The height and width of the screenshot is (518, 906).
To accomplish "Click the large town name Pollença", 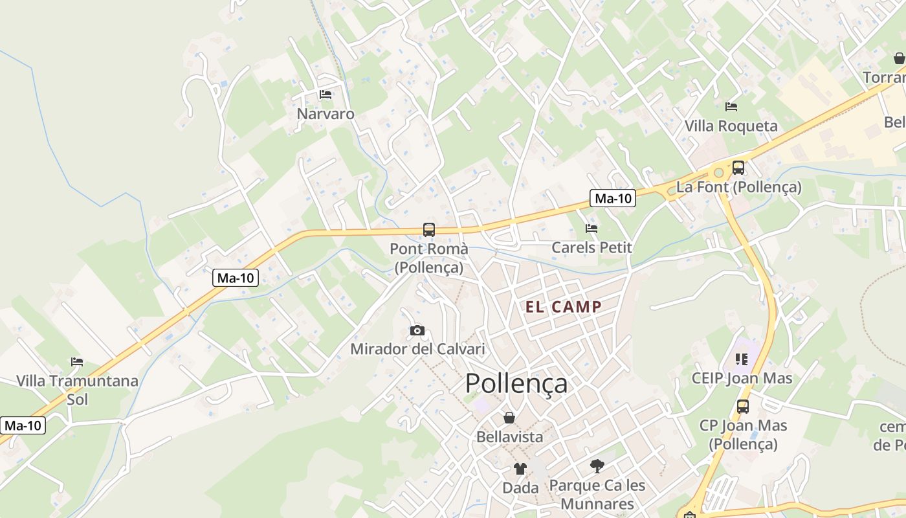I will [516, 383].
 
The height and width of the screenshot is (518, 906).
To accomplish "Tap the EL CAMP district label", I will [564, 307].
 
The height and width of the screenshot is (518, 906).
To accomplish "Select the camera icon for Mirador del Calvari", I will [417, 331].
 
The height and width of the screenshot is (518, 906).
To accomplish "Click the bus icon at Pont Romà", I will [429, 229].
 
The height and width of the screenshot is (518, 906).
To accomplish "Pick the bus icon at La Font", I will [738, 168].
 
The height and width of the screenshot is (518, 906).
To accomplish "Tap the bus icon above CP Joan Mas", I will [743, 407].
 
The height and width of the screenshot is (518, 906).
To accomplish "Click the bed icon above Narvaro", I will [326, 95].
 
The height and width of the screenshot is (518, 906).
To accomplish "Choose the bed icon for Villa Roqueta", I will [731, 107].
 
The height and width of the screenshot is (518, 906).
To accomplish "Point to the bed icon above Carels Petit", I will [591, 228].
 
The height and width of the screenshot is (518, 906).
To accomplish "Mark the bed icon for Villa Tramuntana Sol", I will [77, 361].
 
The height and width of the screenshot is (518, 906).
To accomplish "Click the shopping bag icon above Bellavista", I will [509, 418].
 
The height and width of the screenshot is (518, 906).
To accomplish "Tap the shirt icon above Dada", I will [520, 468].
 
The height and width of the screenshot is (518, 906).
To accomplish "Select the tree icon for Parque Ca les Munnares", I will [597, 466].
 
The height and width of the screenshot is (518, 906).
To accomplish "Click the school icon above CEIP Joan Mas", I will [742, 359].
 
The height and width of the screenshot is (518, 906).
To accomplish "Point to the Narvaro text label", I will [326, 114].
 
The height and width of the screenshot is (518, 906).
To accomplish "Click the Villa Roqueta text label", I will [731, 126].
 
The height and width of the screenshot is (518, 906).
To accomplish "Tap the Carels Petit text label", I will [591, 247].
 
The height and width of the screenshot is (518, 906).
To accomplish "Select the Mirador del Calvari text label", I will [417, 350].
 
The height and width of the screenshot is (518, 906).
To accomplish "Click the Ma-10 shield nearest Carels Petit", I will [613, 198].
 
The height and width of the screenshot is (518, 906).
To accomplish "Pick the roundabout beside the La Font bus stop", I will [717, 173].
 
